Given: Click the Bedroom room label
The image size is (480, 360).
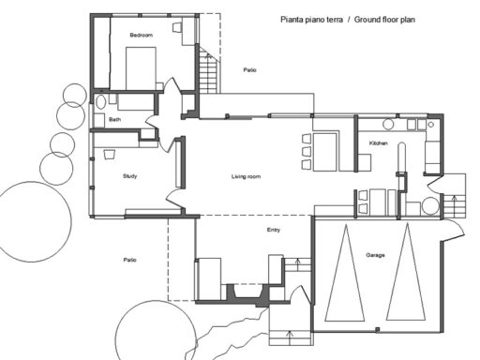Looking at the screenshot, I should [141, 35].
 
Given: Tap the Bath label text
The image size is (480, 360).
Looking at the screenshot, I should [114, 120].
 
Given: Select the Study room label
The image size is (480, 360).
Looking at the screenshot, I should [130, 176].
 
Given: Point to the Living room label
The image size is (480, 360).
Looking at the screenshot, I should [246, 176].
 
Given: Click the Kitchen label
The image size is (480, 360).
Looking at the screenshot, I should [378, 142].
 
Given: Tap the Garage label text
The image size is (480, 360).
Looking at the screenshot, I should [375, 254].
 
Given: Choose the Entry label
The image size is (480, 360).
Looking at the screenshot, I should [273, 229].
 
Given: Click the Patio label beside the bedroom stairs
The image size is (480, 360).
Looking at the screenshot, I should [249, 70].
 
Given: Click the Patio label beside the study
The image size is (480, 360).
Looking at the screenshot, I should [130, 260].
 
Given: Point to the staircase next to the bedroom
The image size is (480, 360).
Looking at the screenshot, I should [206, 70].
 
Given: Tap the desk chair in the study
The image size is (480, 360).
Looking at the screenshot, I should [110, 153].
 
